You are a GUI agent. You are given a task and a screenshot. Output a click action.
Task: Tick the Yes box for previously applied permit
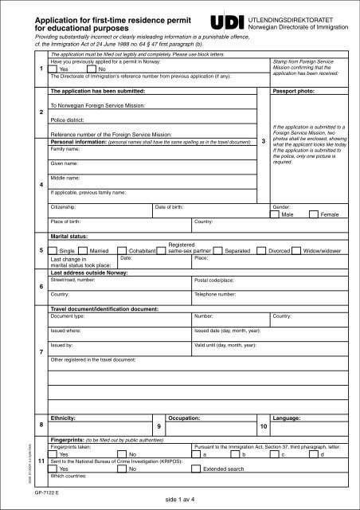[53, 69]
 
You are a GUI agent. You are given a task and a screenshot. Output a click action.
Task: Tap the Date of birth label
[170, 206]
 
